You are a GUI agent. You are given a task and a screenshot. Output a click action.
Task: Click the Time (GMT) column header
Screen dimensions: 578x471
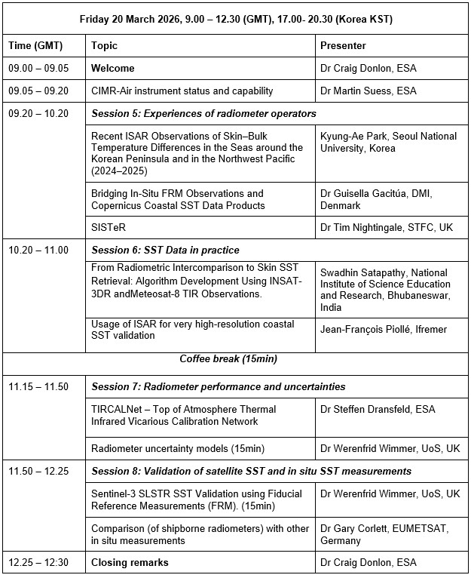click(35, 45)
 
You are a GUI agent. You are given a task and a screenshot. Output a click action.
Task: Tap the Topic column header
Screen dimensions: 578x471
click(105, 45)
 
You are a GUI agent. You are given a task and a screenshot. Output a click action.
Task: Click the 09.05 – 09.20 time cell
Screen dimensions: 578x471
click(38, 91)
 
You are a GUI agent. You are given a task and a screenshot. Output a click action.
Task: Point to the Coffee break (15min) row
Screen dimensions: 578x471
click(235, 359)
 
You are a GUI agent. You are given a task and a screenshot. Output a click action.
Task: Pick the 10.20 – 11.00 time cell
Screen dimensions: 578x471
click(38, 250)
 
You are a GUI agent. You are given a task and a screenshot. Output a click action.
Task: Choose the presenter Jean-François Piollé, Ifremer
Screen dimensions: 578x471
click(381, 330)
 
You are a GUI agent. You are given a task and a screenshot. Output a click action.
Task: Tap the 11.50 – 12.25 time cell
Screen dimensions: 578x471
click(38, 471)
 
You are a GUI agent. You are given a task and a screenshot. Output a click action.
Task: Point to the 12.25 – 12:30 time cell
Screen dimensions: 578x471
click(38, 562)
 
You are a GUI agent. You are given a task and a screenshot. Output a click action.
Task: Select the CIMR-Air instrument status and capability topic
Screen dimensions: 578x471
click(182, 91)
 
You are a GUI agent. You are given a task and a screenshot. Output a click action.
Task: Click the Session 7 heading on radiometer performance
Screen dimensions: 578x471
click(219, 386)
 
